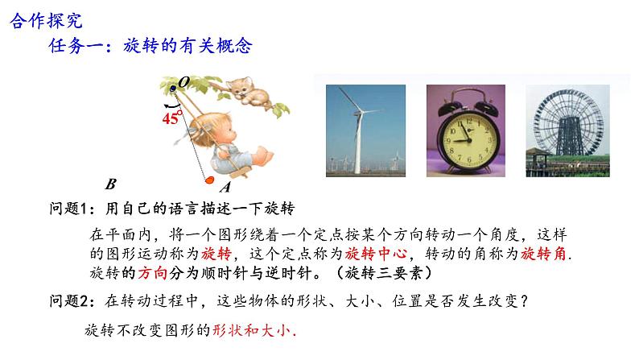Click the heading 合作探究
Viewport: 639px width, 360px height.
click(x=46, y=21)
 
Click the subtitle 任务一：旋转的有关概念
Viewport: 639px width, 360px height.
click(x=150, y=46)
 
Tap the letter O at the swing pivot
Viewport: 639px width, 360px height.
click(x=184, y=82)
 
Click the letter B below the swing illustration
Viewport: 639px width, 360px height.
click(x=111, y=184)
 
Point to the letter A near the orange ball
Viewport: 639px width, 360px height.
click(x=225, y=187)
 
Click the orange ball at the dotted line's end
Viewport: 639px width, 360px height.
click(x=209, y=180)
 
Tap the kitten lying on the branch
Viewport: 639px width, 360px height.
click(x=248, y=92)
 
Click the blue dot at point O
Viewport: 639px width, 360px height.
click(x=173, y=88)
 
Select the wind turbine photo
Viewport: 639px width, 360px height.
click(x=365, y=130)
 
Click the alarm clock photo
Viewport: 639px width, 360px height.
click(x=466, y=130)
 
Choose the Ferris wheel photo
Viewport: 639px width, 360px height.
click(x=567, y=130)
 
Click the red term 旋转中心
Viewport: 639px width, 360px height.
click(x=376, y=254)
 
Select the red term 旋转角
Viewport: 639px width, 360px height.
click(x=544, y=254)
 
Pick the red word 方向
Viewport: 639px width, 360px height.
click(x=153, y=273)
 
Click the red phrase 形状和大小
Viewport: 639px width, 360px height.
click(x=252, y=330)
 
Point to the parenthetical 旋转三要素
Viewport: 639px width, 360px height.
click(x=384, y=273)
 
